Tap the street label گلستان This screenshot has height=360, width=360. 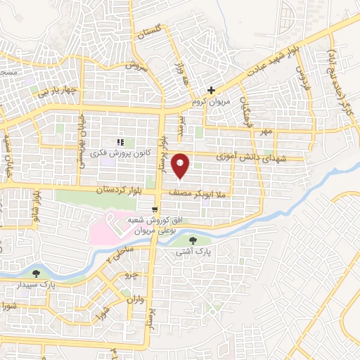coord(148,34)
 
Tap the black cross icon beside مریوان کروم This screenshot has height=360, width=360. coord(211,89)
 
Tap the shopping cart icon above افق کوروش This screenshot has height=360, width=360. coord(155,200)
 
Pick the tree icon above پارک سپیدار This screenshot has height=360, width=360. coord(36,273)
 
